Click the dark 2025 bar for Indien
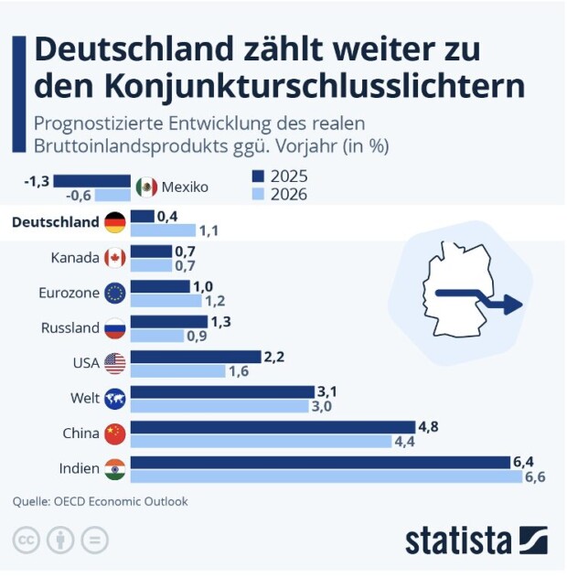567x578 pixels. pos(320,462)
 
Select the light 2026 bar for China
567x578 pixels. pos(262,441)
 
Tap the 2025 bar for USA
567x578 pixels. pos(196,356)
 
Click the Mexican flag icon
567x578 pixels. pos(146,187)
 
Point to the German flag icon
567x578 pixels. pos(115,222)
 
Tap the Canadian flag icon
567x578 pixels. pos(115,258)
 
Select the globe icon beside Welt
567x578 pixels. pos(115,398)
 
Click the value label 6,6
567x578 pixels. pos(535,477)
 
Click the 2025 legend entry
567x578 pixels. pos(280,177)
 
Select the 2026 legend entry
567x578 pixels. pos(280,194)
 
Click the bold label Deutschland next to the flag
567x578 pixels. pos(54,222)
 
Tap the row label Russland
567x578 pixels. pos(70,327)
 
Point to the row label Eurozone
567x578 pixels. pos(69,293)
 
